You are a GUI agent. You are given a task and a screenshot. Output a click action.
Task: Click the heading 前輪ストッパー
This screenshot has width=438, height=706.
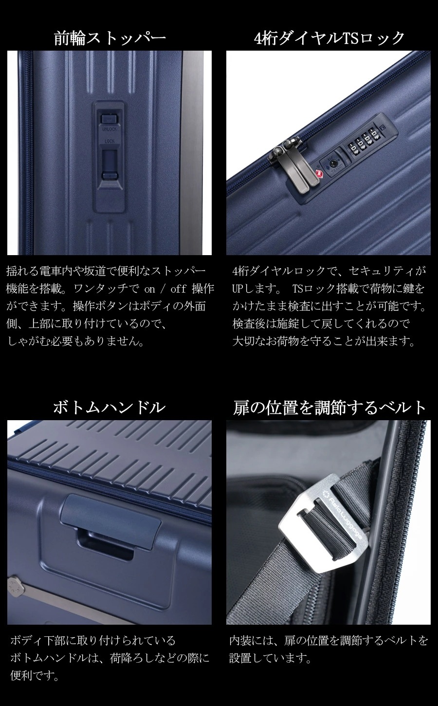[x=109, y=38]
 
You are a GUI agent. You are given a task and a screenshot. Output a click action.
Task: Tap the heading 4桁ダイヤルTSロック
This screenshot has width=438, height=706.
[x=329, y=38]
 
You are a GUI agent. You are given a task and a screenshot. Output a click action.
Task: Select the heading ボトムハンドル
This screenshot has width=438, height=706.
[x=109, y=408]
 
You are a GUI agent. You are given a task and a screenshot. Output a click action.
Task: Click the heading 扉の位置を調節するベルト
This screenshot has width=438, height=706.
[x=329, y=408]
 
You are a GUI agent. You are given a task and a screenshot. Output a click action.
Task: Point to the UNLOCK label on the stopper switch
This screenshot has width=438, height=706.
[x=109, y=130]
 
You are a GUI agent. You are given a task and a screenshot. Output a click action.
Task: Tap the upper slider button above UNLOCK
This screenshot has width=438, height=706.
[x=108, y=119]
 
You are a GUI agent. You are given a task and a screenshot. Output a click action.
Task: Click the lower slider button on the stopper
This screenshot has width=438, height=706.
[x=109, y=176]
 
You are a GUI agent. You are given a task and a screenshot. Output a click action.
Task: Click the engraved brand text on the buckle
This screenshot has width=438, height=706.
[x=345, y=516]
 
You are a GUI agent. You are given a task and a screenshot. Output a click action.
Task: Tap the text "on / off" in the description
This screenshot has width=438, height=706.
[x=165, y=289]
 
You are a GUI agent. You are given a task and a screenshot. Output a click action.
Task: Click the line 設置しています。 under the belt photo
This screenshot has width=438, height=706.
[x=270, y=659]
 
